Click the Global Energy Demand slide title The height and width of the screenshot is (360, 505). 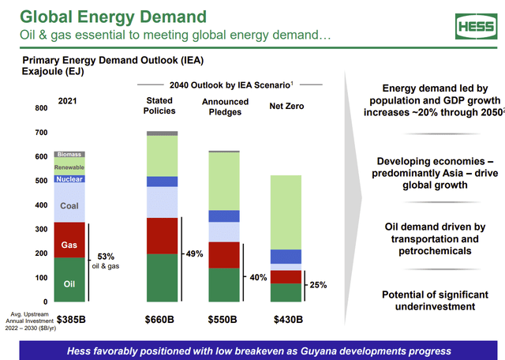(x=114, y=16)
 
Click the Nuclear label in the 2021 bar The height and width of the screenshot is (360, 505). (x=69, y=179)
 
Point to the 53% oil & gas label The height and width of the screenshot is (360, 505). (x=107, y=261)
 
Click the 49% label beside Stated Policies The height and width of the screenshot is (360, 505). (x=194, y=254)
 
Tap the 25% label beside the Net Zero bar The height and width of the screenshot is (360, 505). (x=316, y=285)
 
